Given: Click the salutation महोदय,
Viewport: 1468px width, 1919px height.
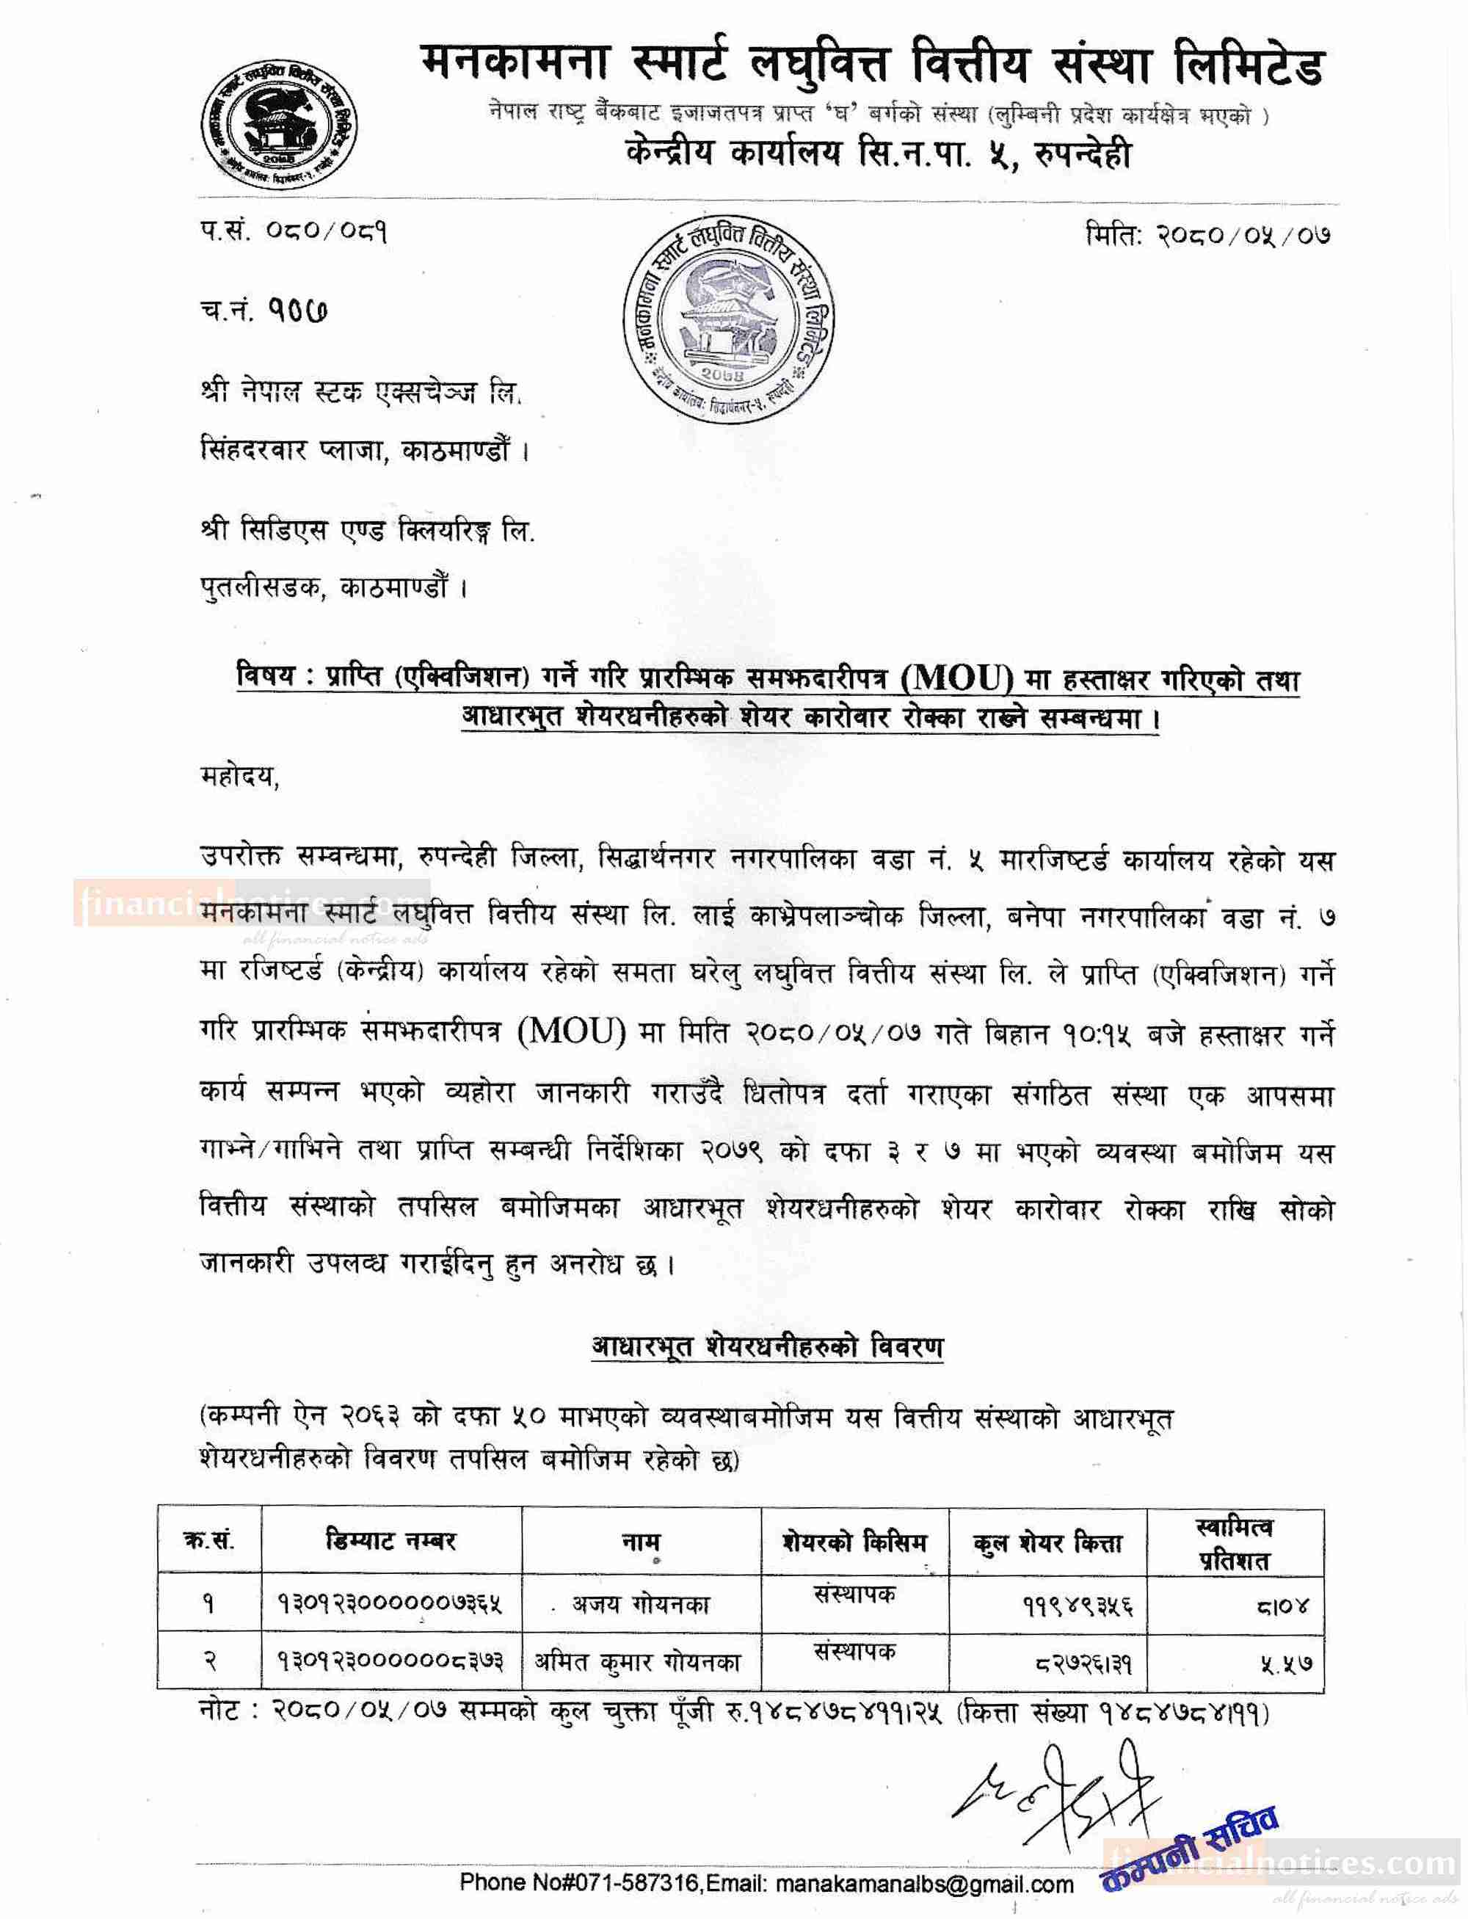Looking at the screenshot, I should coord(239,777).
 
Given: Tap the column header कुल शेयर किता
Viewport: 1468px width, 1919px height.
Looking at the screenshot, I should coord(1047,1543).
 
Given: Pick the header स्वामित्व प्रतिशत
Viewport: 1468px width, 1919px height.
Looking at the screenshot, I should coord(1234,1543).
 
